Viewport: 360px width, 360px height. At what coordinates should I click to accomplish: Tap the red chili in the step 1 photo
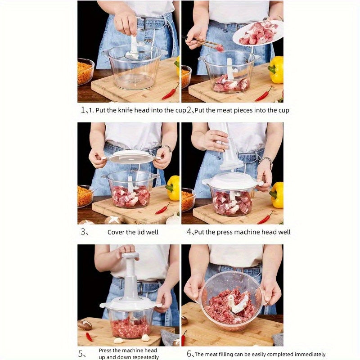(x=171, y=92)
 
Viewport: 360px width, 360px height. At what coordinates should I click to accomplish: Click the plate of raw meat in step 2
(x=257, y=33)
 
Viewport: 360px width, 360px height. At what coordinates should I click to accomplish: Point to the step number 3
(x=83, y=232)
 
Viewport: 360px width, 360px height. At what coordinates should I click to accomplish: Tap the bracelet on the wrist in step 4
(x=266, y=161)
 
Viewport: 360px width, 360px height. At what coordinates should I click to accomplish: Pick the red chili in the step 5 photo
(x=89, y=336)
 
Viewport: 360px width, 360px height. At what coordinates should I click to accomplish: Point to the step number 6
(x=189, y=354)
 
